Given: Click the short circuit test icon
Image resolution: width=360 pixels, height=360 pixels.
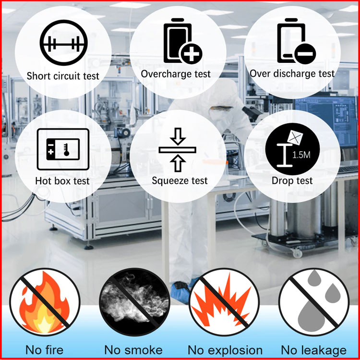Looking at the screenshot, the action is coord(63,42).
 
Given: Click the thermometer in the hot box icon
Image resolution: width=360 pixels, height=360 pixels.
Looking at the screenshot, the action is coord(67,150).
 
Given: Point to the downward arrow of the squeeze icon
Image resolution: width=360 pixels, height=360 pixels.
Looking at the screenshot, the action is coord(178,136).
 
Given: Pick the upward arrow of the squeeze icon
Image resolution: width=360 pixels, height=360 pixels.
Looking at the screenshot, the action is coord(178,163).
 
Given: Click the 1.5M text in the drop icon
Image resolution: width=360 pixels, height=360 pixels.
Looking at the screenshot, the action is coord(301,155).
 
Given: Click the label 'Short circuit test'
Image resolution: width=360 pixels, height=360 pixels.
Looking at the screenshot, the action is coord(63,76).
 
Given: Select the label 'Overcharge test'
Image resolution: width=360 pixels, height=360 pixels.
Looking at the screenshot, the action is coord(176,74).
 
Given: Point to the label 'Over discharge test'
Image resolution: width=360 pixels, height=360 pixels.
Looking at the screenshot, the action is coord(292,74).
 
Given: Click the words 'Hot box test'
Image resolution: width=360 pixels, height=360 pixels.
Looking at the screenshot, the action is coord(62,181).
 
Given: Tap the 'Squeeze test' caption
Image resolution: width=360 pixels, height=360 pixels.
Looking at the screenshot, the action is coord(180,180).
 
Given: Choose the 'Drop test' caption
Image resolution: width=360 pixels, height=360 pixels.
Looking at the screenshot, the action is coord(292,180).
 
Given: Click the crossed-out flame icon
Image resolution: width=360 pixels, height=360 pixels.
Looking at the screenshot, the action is coord(45,302).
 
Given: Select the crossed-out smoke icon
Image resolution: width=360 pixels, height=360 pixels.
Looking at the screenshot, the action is coord(134,302).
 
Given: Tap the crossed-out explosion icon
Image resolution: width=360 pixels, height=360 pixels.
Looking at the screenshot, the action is coord(224,302).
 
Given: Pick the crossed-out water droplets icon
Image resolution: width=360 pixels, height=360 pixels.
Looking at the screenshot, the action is coord(314,302).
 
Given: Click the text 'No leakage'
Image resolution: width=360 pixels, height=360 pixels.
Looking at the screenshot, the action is coord(313,350).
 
